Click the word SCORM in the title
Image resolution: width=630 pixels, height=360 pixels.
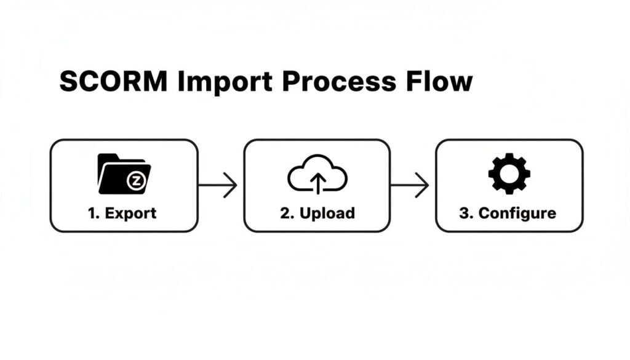[x=113, y=82]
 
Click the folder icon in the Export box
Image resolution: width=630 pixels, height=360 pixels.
[x=124, y=174]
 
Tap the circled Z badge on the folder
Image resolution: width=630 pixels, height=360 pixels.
[x=135, y=181]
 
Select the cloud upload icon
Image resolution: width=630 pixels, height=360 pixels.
[x=317, y=175]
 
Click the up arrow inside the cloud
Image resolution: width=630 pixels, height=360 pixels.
[x=317, y=182]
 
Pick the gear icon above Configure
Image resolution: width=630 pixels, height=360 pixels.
[x=509, y=174]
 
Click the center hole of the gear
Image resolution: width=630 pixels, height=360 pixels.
[x=509, y=174]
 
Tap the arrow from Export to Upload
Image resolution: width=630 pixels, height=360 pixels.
[x=218, y=185]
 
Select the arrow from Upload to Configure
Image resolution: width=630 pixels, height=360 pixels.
[x=410, y=185]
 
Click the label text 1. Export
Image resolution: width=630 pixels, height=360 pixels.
[x=122, y=214]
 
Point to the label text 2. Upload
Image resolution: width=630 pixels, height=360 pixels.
[x=317, y=214]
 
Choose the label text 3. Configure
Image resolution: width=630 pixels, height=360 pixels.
[x=508, y=214]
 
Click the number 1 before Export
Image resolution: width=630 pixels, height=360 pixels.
[x=92, y=214]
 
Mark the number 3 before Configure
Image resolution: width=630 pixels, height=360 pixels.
[x=465, y=214]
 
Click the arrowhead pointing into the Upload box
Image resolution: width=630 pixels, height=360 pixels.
[x=231, y=185]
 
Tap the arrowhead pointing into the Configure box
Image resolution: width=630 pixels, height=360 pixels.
[x=423, y=185]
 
